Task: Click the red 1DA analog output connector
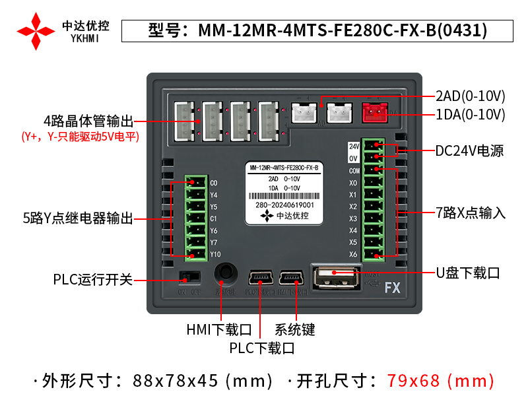pos(375,114)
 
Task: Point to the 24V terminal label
pos(353,146)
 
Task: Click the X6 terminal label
pos(353,255)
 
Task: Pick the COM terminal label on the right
pos(354,170)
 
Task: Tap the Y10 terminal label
pos(215,255)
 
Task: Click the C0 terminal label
pos(213,183)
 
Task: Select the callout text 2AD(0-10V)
pos(470,96)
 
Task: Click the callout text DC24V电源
pos(469,151)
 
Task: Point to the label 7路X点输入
pos(471,213)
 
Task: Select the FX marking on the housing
pos(393,288)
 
